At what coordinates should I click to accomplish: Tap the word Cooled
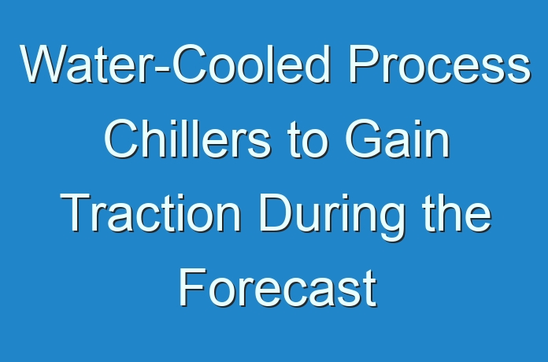click(x=251, y=64)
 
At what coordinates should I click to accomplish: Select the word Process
click(x=439, y=64)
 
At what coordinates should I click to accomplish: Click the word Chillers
click(x=187, y=139)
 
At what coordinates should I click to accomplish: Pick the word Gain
click(x=398, y=139)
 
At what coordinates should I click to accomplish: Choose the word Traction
click(x=150, y=213)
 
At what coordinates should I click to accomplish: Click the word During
click(x=331, y=216)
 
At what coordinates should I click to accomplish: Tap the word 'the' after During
click(x=457, y=213)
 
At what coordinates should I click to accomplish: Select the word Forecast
click(x=278, y=288)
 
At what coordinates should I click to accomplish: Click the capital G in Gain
click(x=364, y=139)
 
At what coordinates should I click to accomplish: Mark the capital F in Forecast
click(x=192, y=287)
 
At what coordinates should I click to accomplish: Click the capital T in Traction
click(x=75, y=212)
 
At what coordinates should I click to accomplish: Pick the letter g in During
click(x=390, y=223)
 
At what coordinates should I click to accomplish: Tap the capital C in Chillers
click(x=122, y=139)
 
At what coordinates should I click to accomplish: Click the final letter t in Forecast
click(x=371, y=290)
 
